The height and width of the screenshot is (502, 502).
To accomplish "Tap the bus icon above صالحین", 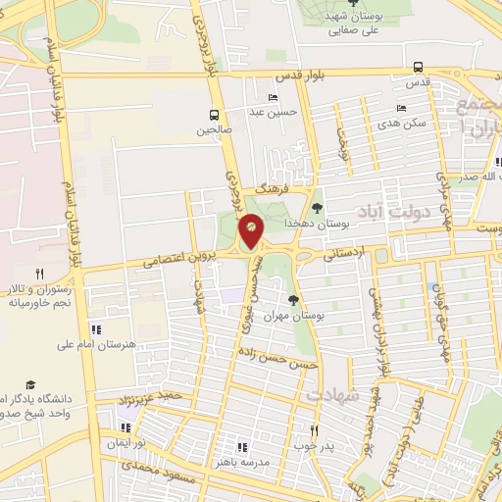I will pos(214,114).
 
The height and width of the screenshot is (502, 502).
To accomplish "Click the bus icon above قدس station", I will pos(419,68).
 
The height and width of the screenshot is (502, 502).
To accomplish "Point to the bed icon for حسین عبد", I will pos(273,97).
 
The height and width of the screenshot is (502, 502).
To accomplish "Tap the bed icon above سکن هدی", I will pos(401,109).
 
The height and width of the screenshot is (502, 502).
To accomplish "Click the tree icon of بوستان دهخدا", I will pos(316,207).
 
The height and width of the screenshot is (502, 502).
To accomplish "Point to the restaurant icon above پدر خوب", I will pos(314,430).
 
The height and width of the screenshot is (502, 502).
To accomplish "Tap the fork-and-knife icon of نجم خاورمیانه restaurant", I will pos(39,274).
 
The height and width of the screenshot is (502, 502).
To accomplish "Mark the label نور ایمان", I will pos(125,443).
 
